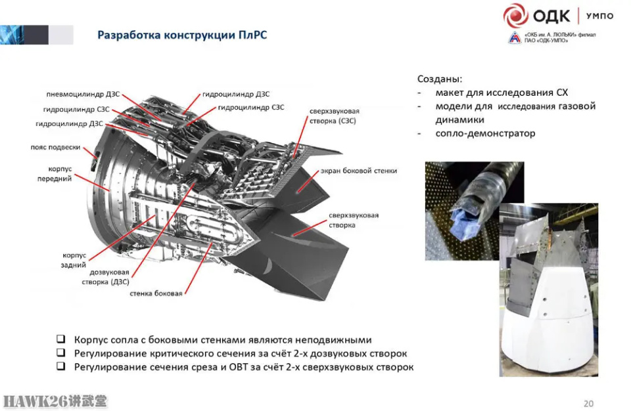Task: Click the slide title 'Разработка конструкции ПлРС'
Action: [182, 35]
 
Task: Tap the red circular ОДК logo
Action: [515, 16]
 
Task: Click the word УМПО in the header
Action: [599, 16]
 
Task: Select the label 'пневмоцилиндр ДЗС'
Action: [83, 94]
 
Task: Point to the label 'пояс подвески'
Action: [55, 147]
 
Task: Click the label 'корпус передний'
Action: [55, 174]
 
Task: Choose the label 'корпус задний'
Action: [74, 260]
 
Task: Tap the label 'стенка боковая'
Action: [156, 293]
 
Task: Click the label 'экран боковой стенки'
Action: [359, 171]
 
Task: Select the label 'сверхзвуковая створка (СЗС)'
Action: [334, 116]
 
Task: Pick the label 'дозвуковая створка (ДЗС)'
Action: [105, 277]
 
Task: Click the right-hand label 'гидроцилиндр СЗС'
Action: [251, 108]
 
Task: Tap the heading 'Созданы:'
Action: [440, 79]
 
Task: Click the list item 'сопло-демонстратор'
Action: [485, 133]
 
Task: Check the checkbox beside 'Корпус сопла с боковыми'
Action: [60, 339]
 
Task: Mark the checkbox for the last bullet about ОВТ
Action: [60, 366]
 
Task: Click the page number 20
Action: [588, 403]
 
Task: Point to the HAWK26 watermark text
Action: [55, 401]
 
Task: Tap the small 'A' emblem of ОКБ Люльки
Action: [515, 38]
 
